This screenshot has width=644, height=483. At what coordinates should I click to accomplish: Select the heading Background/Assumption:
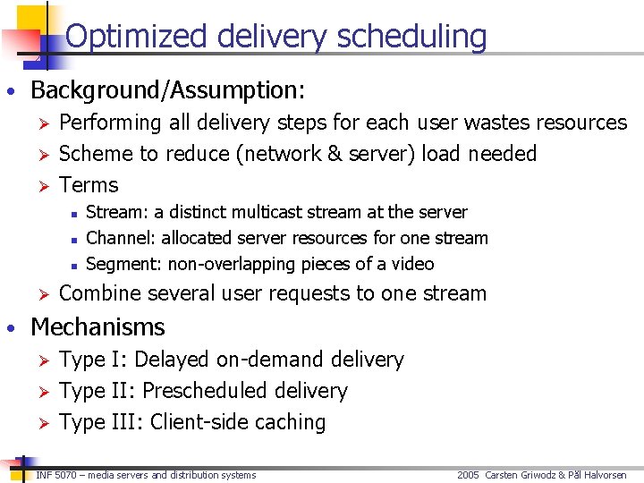pyautogui.click(x=168, y=90)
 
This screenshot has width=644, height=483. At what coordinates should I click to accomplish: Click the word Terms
pyautogui.click(x=89, y=185)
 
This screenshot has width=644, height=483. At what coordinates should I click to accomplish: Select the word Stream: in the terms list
pyautogui.click(x=117, y=212)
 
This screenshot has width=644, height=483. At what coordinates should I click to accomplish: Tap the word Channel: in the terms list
pyautogui.click(x=121, y=238)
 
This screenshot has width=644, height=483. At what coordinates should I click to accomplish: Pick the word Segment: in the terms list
pyautogui.click(x=122, y=264)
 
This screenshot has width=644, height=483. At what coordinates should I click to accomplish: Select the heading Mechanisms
pyautogui.click(x=98, y=327)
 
